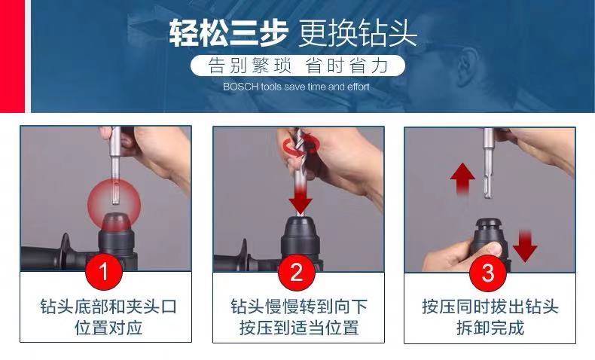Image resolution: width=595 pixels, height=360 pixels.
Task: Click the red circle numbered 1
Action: tap(104, 271)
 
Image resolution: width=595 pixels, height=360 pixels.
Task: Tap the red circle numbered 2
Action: tap(296, 272)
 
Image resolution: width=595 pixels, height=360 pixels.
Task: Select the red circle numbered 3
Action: tap(488, 273)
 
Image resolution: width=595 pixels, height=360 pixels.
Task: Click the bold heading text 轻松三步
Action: tap(227, 33)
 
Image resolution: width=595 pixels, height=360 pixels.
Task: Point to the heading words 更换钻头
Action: tap(358, 33)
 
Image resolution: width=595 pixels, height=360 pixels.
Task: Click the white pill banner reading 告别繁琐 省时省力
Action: tap(298, 66)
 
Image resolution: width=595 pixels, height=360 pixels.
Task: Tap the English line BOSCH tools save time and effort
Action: tap(296, 87)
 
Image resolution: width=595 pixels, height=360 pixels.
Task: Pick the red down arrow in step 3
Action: tap(525, 246)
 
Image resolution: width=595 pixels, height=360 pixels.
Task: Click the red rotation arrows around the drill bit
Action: tap(302, 145)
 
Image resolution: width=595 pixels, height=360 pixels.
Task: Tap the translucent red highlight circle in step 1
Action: tap(114, 205)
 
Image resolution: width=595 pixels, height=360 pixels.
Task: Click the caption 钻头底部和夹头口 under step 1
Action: tap(109, 307)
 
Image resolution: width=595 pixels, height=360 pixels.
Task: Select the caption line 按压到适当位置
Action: tap(299, 328)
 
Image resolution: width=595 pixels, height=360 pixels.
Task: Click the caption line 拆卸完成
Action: tap(490, 328)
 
